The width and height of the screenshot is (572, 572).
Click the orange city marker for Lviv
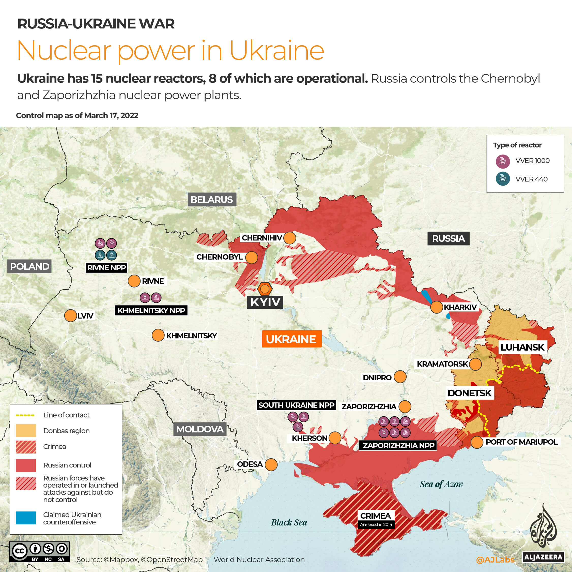(70, 316)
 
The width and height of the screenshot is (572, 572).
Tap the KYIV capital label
(265, 302)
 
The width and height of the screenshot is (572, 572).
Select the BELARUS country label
(211, 200)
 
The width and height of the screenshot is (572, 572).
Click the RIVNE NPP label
(106, 268)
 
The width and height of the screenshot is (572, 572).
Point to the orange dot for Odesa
(271, 464)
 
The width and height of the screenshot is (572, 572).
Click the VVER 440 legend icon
(503, 179)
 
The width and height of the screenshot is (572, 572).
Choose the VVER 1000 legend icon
(503, 161)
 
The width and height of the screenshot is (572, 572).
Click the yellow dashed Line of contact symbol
(25, 415)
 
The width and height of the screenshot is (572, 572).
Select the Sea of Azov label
(441, 484)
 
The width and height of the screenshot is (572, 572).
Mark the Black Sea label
(289, 522)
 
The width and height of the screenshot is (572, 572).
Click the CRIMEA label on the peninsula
(375, 516)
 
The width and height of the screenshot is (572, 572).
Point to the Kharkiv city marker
(436, 307)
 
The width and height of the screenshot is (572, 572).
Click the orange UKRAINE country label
(291, 339)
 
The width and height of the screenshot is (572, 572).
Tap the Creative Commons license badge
(39, 552)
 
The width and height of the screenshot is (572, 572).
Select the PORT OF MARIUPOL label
(521, 442)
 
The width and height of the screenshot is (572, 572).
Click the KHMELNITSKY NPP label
(151, 310)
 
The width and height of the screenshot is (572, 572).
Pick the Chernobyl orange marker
(251, 258)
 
